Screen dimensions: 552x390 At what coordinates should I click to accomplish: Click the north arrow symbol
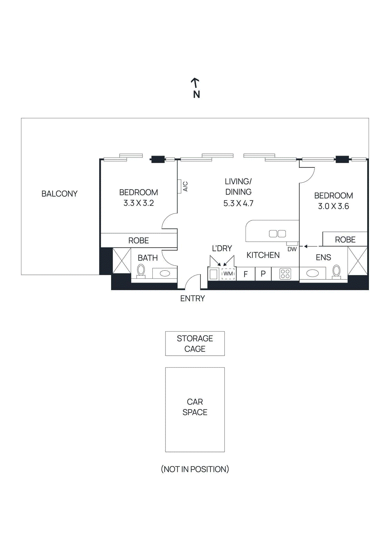195,83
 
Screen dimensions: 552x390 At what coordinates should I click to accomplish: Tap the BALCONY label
59,194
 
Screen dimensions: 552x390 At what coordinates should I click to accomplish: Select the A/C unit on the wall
180,186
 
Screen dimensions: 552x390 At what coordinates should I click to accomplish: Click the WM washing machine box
228,274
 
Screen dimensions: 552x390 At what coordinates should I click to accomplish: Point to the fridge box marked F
246,274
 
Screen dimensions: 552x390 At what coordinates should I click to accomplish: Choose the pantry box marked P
263,274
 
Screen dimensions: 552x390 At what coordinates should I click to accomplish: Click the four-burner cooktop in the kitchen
285,274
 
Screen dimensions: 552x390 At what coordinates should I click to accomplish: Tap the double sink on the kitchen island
277,234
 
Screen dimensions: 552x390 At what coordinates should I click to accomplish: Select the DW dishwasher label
292,249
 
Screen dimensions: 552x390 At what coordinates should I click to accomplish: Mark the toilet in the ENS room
336,271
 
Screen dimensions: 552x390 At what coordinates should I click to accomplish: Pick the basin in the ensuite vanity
312,274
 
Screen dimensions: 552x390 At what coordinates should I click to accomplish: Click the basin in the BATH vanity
165,274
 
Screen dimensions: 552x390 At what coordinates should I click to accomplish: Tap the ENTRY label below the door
192,298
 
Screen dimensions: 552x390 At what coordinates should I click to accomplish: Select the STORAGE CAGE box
195,343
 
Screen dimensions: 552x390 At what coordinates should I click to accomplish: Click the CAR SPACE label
195,407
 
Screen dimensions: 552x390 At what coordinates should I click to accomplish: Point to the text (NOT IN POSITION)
195,469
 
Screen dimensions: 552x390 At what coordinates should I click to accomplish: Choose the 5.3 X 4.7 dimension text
238,203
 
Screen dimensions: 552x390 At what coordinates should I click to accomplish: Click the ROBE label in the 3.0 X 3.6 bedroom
345,239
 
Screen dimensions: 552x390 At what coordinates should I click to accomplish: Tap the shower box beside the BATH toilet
122,261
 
